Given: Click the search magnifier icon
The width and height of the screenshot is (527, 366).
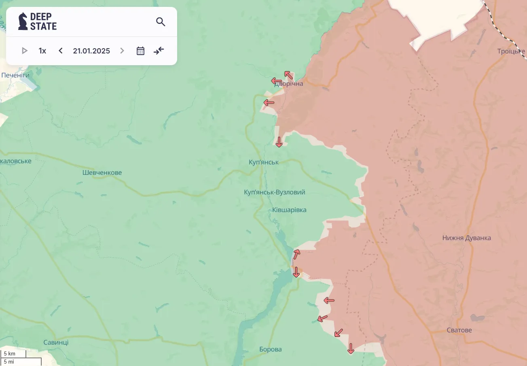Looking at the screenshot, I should tap(161, 22).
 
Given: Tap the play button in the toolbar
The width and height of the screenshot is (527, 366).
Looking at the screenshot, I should tap(25, 51).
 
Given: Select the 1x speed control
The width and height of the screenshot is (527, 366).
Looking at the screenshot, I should tap(42, 51).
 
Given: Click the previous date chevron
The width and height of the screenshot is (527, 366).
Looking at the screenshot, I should tap(61, 51).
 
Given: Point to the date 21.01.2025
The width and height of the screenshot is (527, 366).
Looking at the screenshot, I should tap(91, 51).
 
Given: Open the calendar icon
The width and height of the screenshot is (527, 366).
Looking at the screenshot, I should tap(140, 51).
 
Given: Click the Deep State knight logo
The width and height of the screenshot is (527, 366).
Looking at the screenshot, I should tap(23, 21).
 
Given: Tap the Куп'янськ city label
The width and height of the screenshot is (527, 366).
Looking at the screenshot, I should tap(264, 162).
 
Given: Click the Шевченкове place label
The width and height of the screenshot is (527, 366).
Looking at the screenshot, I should tap(102, 172).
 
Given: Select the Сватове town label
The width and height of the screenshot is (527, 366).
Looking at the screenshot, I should tap(459, 330).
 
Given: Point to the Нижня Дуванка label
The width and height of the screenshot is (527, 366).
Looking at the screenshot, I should tap(466, 238).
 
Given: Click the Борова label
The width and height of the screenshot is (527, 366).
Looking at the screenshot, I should tap(271, 349).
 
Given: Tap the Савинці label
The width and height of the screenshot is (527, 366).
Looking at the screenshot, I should tap(56, 342).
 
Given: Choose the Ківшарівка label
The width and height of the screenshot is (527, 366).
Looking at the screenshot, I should tap(289, 210).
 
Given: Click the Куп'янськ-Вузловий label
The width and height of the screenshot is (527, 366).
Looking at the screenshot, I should tap(275, 192).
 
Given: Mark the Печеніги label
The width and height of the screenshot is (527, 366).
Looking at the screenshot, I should tap(15, 75).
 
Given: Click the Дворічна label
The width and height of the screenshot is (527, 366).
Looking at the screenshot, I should tap(288, 84).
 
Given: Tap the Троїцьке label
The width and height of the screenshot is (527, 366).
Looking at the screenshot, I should tap(511, 51).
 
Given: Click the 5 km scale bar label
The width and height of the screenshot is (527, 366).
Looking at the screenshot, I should tap(10, 353).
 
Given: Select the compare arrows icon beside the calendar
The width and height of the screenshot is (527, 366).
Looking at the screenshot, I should tap(159, 51).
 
